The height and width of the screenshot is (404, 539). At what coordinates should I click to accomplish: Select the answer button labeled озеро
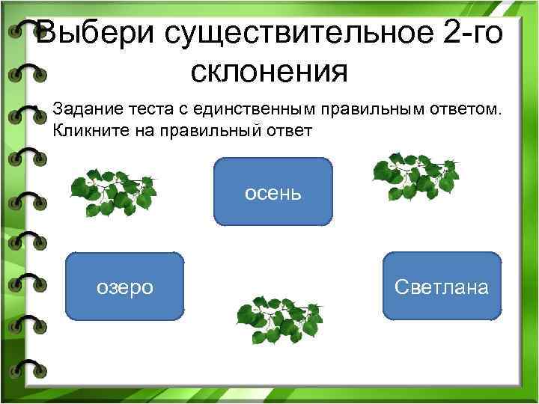coord(125,287)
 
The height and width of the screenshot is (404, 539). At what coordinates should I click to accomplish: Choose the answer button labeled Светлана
coord(441,287)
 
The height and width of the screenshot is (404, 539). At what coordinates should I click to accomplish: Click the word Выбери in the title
coord(94,34)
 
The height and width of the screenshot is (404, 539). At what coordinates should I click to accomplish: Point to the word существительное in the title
coord(290,34)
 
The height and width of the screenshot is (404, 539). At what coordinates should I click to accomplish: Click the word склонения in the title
coord(269,73)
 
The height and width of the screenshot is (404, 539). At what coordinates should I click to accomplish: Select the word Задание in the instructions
coord(82,110)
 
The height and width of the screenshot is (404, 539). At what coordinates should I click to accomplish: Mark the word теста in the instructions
coord(139,110)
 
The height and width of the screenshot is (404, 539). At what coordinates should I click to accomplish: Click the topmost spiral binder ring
coord(25,32)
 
